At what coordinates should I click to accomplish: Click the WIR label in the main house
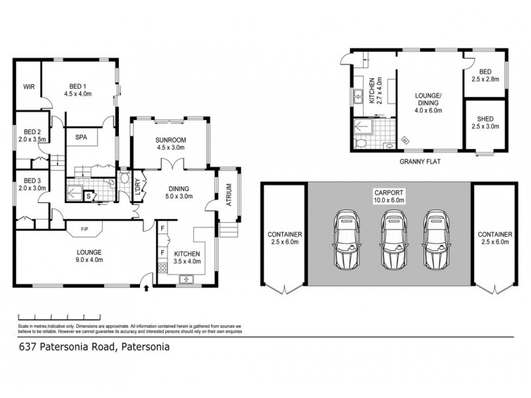coord(29,86)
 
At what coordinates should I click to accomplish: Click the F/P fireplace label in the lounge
coord(84,230)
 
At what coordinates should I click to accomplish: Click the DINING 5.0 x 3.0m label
coord(179,192)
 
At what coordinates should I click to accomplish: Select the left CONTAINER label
coord(284,238)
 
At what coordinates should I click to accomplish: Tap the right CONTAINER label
coord(494,238)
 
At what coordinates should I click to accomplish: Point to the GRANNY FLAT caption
coord(417,161)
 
